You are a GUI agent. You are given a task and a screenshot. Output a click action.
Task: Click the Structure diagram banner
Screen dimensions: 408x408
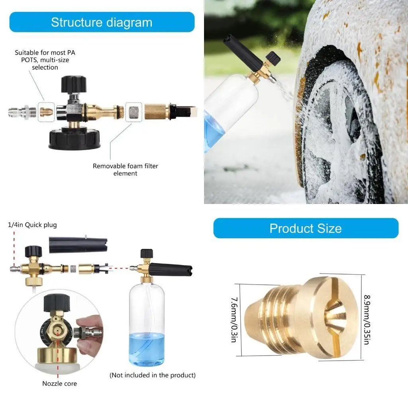point(102,22)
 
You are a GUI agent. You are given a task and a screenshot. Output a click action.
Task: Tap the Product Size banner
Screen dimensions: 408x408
point(306,228)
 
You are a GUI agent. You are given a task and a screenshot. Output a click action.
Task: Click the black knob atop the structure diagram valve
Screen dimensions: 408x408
point(74,84)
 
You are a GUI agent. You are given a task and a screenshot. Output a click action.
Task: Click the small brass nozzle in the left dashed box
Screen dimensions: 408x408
point(46,112)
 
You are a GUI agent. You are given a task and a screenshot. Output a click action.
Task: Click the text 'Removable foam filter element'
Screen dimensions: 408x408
point(126,170)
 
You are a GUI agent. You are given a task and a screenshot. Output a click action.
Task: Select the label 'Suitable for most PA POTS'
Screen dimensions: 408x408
point(45,56)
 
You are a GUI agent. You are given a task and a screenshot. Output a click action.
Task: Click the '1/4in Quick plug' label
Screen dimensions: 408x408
point(32,225)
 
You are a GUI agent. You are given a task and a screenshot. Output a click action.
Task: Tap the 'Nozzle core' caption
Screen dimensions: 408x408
point(60,384)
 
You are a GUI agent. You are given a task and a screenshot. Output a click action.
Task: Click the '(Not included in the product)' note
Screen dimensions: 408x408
point(153,375)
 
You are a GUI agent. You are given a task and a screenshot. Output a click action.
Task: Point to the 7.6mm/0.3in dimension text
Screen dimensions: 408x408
point(234,320)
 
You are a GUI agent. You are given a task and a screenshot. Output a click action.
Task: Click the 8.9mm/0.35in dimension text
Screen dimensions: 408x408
point(367,320)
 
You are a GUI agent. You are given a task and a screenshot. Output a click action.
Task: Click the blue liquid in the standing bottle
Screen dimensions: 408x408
point(147,349)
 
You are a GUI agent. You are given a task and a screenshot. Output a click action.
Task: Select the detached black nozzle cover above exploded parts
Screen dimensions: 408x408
point(78,245)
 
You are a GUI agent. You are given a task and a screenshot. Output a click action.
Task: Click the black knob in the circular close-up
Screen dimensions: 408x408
point(57,303)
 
